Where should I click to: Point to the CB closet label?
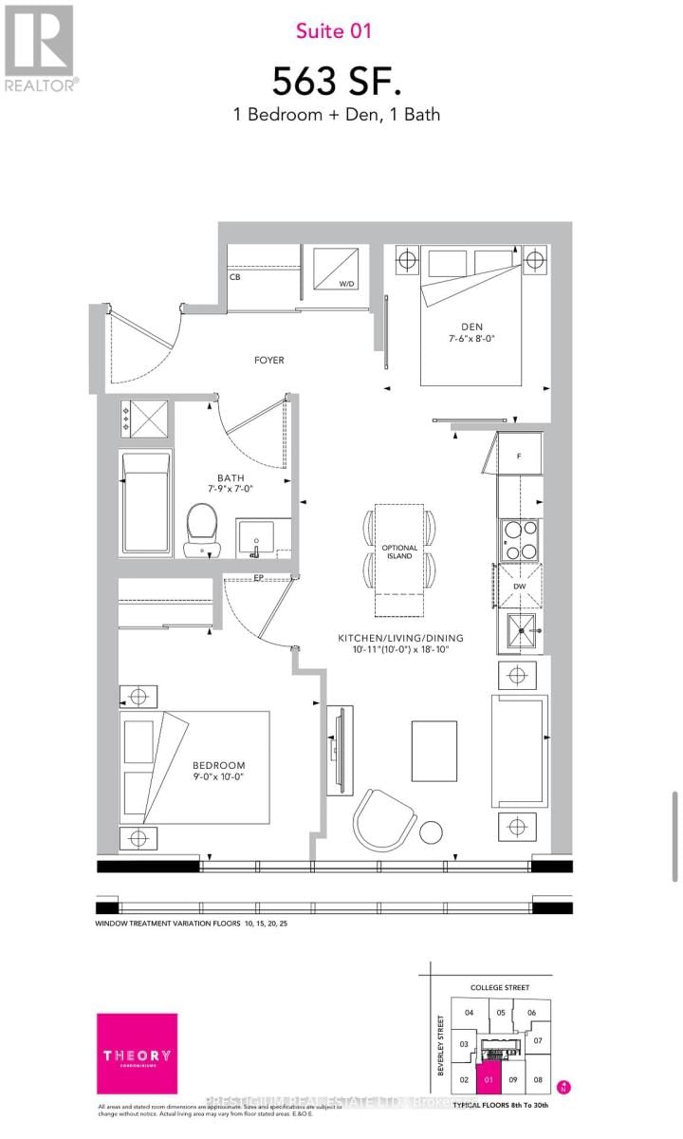coord(234,278)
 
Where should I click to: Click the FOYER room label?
coord(268,361)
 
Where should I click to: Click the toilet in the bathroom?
coord(202,527)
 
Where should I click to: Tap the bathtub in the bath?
coord(145,503)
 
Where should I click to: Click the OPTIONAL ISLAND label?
coord(399,552)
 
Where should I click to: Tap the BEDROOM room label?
coord(218,766)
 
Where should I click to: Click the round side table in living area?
coord(432,831)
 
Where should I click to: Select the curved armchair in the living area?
coord(384,821)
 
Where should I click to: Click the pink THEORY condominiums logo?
coord(137,1055)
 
